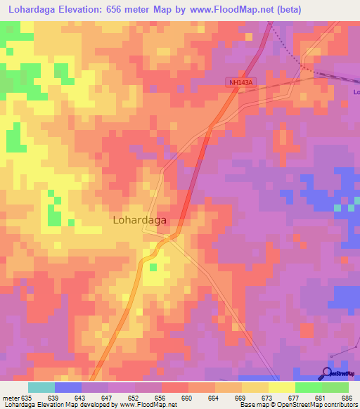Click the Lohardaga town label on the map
(139, 220)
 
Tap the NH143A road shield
(240, 82)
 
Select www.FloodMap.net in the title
(245, 8)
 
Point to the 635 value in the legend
(27, 398)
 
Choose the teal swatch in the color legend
(41, 387)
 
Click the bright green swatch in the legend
(308, 387)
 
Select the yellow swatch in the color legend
(281, 387)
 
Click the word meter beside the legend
(10, 398)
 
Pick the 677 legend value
(295, 398)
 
